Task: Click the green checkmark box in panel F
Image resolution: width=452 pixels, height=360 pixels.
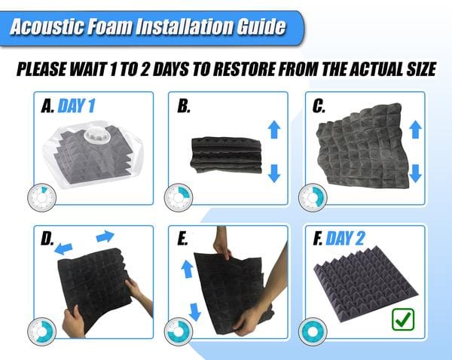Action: [x=403, y=319]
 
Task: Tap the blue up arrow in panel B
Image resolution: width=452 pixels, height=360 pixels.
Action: [x=274, y=130]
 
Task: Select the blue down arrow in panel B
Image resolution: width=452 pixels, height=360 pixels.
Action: [x=274, y=173]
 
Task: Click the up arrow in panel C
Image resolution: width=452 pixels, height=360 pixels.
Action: [x=415, y=130]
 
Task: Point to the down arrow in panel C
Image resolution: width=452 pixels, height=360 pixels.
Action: [x=415, y=173]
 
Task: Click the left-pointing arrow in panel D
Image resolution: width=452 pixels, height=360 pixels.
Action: [x=63, y=249]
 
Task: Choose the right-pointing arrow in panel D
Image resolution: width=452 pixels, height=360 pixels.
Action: [x=105, y=236]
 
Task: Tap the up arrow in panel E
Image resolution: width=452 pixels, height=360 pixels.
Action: [x=187, y=269]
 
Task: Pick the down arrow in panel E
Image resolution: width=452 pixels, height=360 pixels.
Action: [x=195, y=312]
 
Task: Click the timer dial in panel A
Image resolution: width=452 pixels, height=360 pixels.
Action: [x=41, y=198]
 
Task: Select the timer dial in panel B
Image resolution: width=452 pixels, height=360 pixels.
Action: [x=179, y=198]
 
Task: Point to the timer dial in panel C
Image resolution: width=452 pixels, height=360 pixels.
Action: [x=313, y=198]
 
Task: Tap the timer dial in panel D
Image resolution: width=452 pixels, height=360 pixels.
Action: [x=41, y=331]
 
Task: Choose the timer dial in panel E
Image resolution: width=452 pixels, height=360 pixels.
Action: [x=179, y=331]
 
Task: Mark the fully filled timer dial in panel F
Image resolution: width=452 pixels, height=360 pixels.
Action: [x=313, y=331]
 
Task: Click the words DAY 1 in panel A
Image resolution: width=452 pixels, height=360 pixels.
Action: [x=76, y=105]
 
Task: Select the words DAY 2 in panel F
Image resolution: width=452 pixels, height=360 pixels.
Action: [x=345, y=238]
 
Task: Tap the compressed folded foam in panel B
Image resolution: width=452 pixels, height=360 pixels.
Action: [x=227, y=155]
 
